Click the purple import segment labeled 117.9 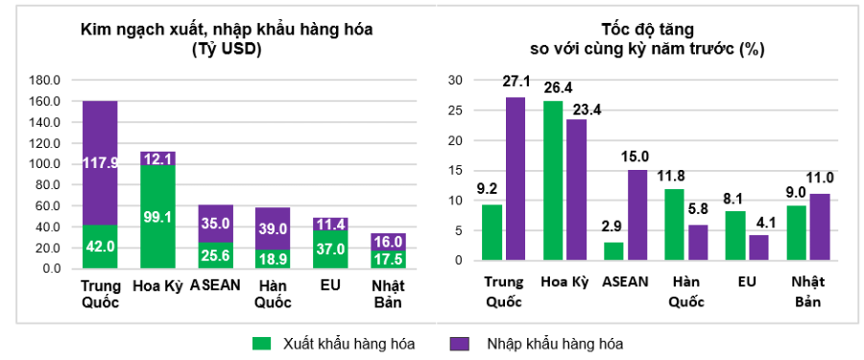(100, 162)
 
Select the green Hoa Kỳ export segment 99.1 (157, 217)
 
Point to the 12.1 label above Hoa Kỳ (157, 157)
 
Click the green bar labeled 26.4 (552, 180)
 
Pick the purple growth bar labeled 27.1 (516, 179)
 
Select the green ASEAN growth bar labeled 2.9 (613, 252)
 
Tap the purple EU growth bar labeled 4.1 (758, 248)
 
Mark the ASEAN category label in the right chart (625, 282)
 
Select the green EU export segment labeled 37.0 (330, 250)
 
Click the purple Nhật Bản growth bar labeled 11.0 (820, 227)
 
